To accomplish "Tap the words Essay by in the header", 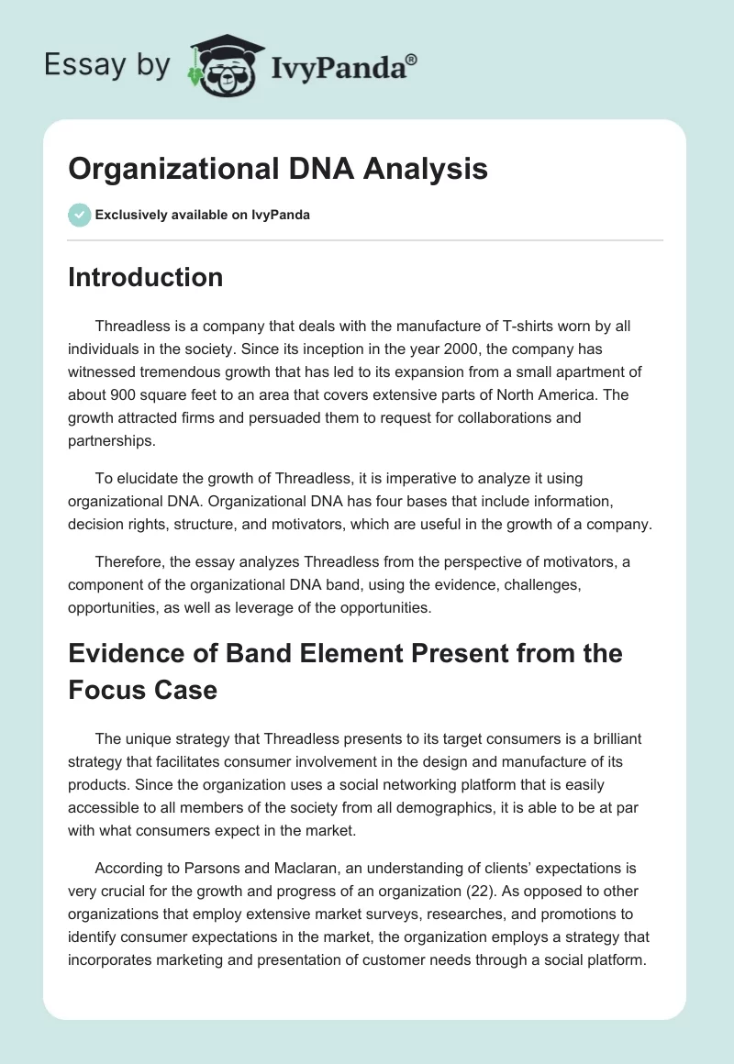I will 108,65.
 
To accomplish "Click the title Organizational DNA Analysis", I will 278,170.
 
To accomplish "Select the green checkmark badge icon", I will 79,215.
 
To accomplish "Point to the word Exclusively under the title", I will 129,215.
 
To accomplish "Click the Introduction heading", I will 145,277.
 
